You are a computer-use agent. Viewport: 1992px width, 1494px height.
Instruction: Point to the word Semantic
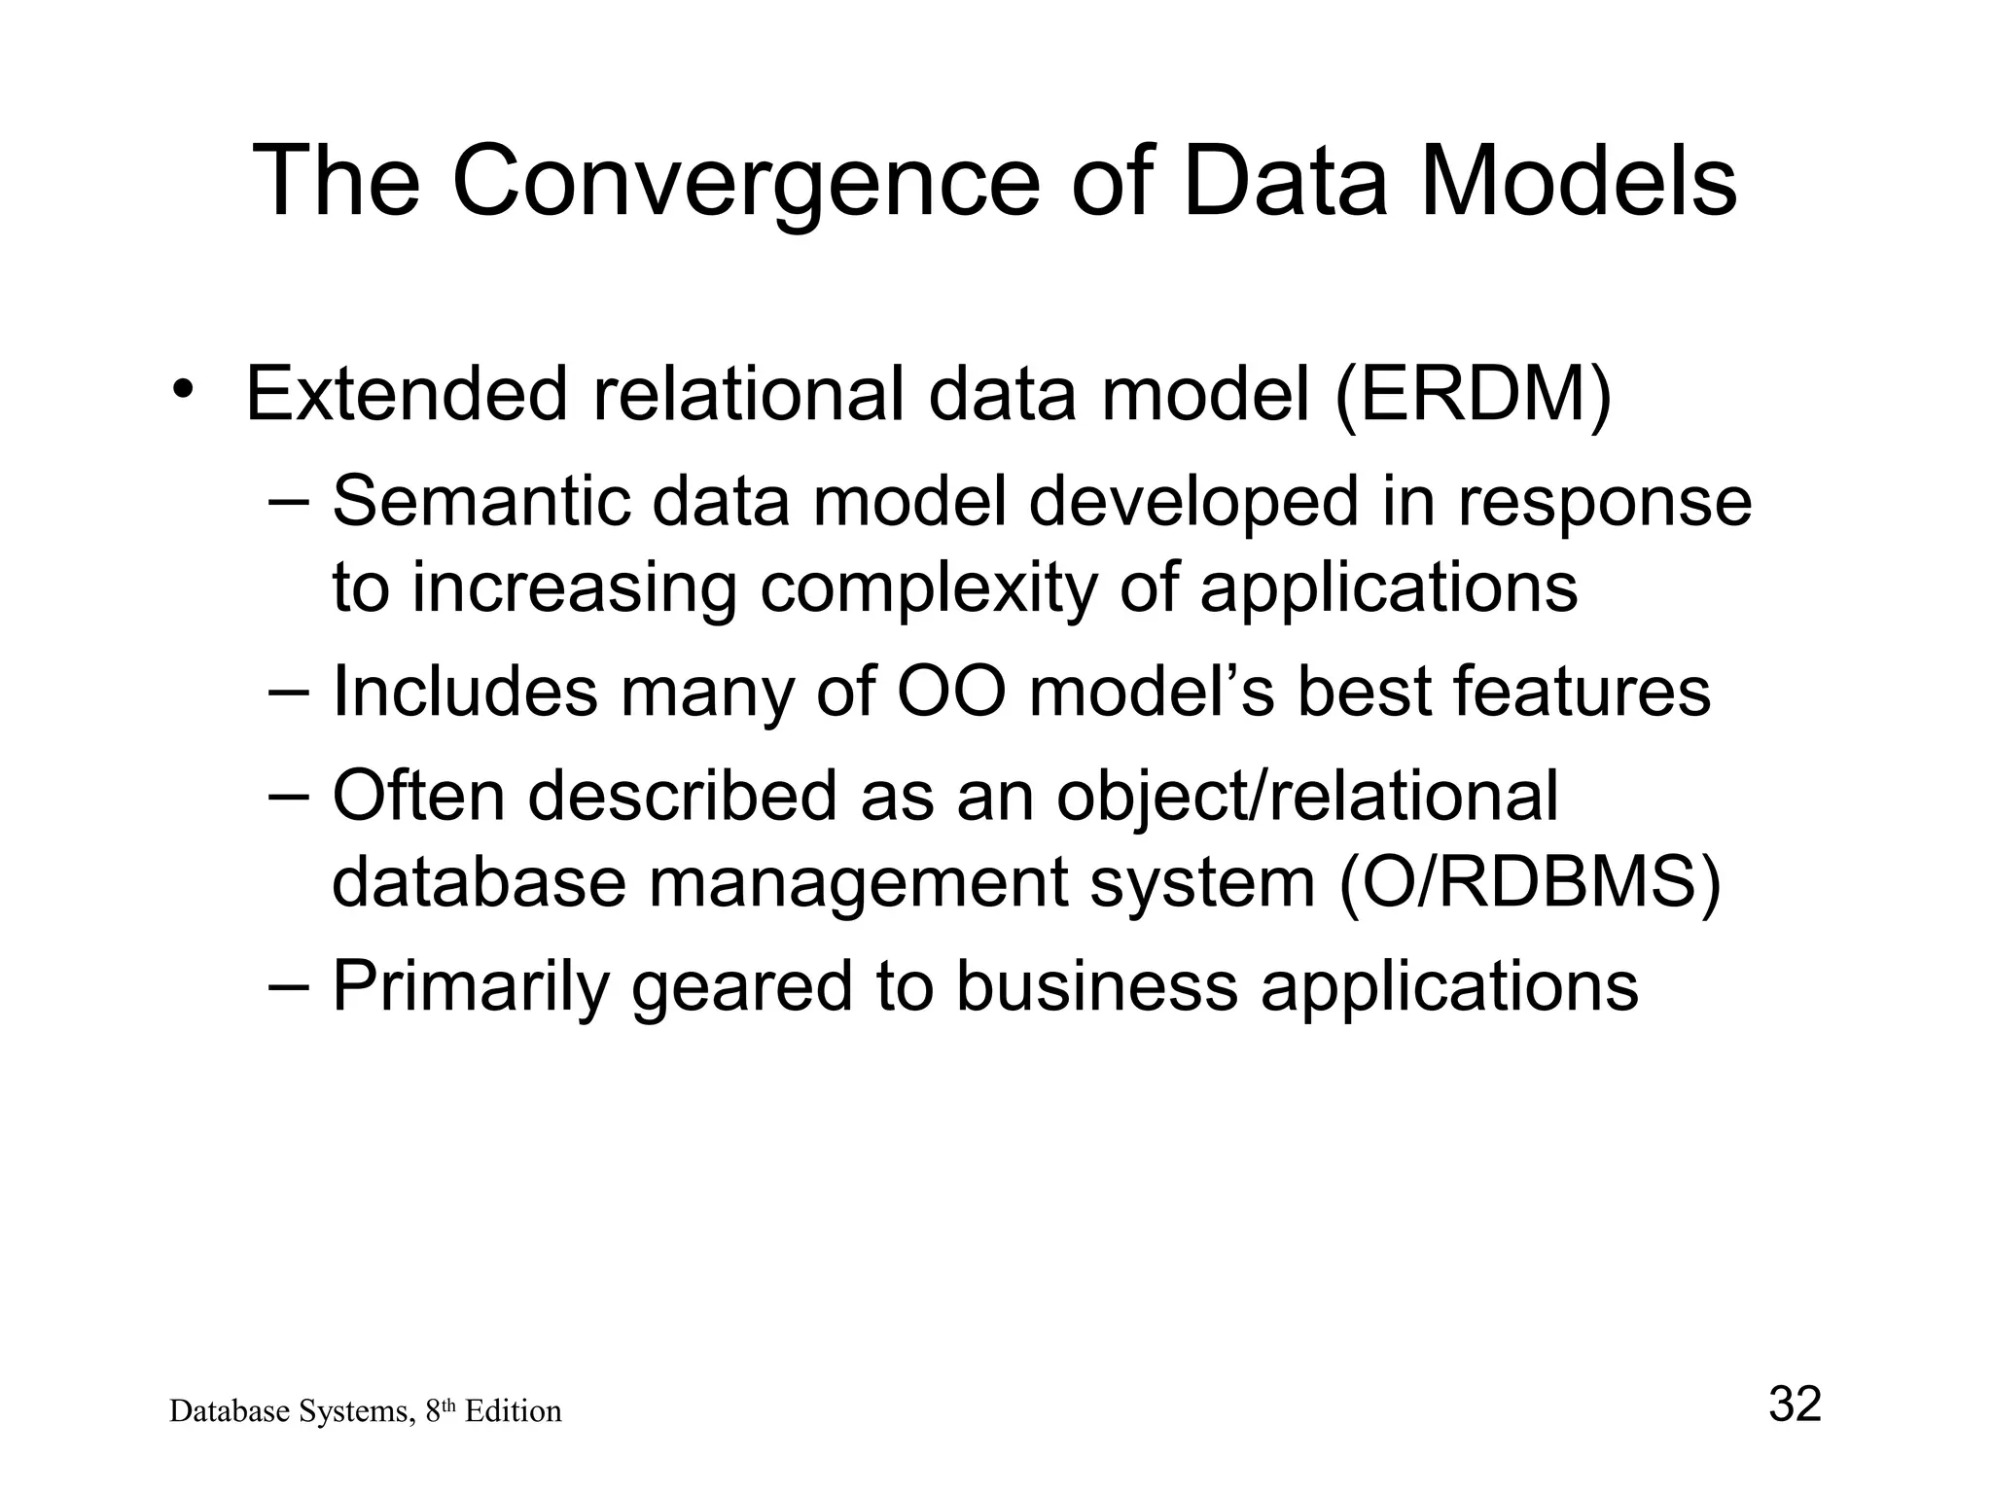(x=480, y=502)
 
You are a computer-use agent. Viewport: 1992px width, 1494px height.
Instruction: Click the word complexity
(x=928, y=587)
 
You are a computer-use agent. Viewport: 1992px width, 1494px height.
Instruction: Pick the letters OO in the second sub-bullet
(x=949, y=692)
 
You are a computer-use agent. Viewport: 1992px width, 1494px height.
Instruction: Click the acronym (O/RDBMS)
(x=1530, y=883)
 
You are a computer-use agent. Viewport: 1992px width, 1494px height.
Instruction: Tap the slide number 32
(x=1795, y=1405)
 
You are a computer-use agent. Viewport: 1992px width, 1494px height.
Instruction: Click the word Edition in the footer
(x=513, y=1411)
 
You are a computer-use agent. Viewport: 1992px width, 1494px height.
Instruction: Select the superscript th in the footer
(x=449, y=1405)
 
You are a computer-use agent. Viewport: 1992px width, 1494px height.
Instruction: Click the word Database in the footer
(x=220, y=1411)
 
